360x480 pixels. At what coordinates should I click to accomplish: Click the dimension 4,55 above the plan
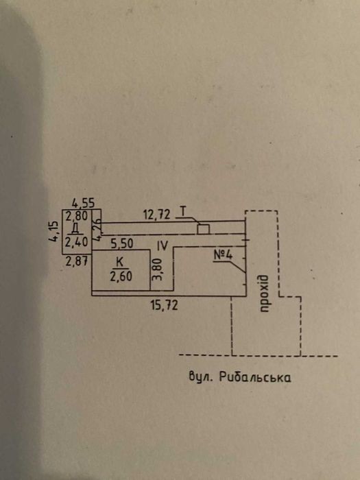[x=83, y=203]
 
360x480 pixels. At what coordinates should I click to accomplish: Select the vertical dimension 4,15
[x=53, y=231]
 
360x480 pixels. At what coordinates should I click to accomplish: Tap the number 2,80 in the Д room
[x=77, y=216]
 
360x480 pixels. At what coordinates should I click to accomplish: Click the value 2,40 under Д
[x=77, y=242]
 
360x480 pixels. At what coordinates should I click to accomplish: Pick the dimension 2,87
[x=77, y=261]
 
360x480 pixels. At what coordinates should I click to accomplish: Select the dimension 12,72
[x=157, y=215]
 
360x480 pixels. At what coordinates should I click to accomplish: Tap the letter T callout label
[x=183, y=211]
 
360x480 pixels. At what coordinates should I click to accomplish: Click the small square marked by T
[x=203, y=229]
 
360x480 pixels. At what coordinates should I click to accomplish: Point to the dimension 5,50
[x=122, y=243]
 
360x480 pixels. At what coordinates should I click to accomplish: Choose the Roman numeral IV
[x=163, y=245]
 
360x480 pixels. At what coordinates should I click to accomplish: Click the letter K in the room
[x=120, y=262]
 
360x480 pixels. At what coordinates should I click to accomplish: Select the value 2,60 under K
[x=121, y=276]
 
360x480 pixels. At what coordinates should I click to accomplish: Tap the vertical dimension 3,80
[x=157, y=269]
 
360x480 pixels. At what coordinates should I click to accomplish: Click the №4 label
[x=223, y=255]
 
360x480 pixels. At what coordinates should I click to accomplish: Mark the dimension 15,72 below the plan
[x=164, y=305]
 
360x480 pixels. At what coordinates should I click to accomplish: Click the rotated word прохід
[x=264, y=293]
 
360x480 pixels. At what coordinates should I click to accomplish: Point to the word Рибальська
[x=255, y=377]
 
